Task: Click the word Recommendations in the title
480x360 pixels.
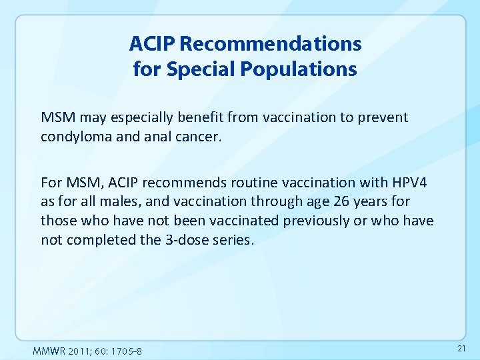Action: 271,44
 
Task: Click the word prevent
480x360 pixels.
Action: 384,117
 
